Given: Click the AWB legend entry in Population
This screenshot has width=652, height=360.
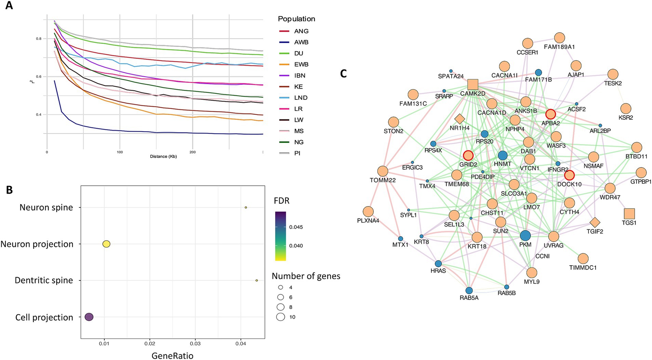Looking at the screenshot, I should pos(301,42).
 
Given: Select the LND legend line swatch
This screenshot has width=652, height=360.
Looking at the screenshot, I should pos(284,98).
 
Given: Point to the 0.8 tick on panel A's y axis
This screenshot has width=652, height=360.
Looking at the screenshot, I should pos(39,39).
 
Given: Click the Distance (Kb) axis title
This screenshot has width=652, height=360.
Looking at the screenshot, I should pos(163,156).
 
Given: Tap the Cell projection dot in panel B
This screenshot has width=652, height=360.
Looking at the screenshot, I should pos(89,317).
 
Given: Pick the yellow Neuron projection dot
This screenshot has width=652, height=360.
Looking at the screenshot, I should pos(106,244).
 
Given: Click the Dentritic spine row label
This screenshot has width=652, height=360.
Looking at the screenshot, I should pos(44,280).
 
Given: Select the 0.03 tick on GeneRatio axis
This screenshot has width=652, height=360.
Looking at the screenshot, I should pos(195,344).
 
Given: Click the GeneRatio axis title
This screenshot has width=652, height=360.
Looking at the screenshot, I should pos(172,356).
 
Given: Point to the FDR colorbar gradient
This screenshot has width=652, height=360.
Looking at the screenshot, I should pos(280,236).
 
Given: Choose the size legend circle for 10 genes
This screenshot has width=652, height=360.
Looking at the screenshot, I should pos(281,317).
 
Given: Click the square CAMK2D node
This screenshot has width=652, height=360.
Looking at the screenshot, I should pos(473,84).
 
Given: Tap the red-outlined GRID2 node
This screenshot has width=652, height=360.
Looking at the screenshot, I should pos(468,156).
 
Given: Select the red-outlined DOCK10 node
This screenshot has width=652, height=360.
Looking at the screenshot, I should pos(569,175).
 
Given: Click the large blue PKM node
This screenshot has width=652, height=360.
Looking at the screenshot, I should pos(525,236).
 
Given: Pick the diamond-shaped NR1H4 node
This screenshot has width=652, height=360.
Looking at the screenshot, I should pos(460,119).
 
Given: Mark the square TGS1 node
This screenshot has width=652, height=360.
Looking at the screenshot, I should pos(629,214).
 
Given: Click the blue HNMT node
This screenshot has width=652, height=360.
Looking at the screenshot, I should pos(502,156).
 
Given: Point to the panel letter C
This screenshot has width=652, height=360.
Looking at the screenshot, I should pos(344,74).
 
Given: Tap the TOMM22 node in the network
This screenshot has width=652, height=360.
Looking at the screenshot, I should pos(383,171).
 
